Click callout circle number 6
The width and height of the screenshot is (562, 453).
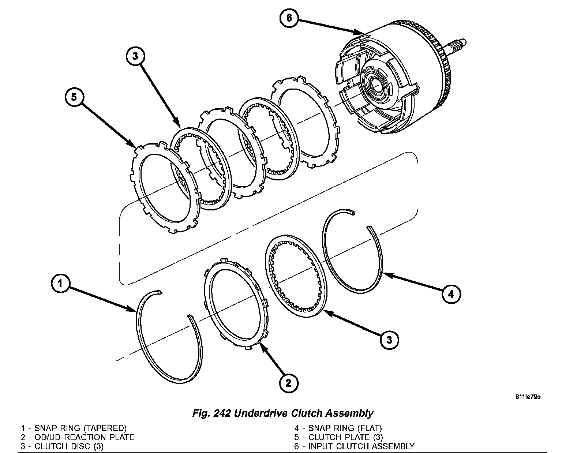pos(289,18)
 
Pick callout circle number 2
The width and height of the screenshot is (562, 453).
pos(289,383)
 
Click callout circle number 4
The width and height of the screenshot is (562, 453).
pos(451,294)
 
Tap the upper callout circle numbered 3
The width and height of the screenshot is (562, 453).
pos(135,56)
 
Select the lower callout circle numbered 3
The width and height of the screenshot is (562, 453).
pos(389,340)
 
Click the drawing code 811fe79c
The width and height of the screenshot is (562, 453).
pos(528,397)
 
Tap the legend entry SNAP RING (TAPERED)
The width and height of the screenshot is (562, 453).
pos(74,428)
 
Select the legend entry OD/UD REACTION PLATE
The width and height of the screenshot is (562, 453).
pos(78,437)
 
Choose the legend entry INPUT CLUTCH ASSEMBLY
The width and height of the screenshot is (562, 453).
pos(354,446)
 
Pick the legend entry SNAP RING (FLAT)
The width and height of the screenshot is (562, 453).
pos(338,428)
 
